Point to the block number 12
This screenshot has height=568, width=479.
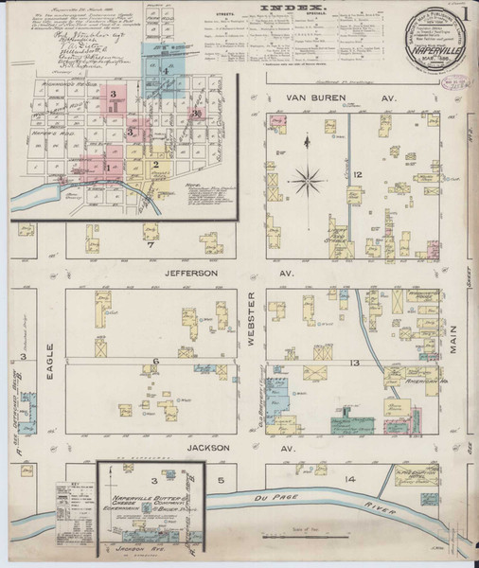tap(358, 175)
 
